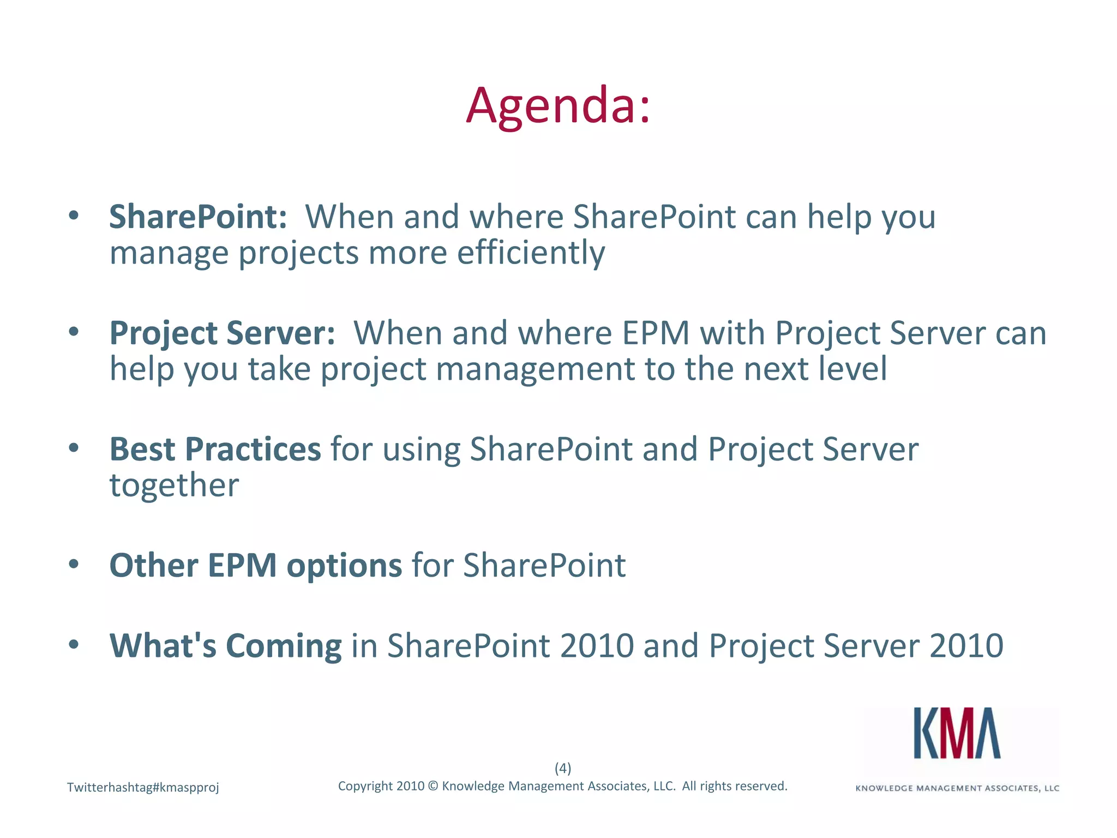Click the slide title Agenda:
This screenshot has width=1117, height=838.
(x=558, y=105)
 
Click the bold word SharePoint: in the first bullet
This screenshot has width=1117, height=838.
(x=198, y=217)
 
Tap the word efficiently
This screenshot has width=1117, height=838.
(x=531, y=253)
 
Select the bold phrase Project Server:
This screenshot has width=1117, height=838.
(x=222, y=333)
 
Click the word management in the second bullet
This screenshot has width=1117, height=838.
(x=535, y=369)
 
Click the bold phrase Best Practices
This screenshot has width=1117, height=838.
(x=215, y=449)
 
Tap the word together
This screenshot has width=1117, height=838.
(x=174, y=486)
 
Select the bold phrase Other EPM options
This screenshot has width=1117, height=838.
(x=255, y=565)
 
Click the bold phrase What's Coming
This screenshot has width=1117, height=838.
(x=225, y=645)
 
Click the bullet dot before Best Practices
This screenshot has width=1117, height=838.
(x=74, y=448)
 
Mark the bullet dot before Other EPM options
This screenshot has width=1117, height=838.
(x=74, y=564)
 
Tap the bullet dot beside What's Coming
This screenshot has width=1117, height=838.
(x=74, y=644)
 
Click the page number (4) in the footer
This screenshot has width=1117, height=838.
(x=562, y=768)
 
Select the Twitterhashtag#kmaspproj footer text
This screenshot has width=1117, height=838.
(x=143, y=787)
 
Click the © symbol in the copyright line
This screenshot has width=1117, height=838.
(x=433, y=786)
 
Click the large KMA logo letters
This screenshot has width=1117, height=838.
(x=957, y=734)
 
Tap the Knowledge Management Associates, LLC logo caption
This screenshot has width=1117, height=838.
(x=957, y=788)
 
